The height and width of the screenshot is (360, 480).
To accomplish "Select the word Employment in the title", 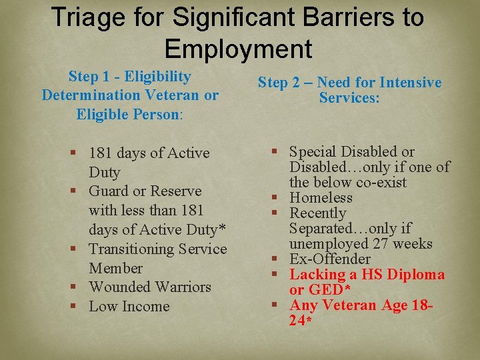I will coord(238,49).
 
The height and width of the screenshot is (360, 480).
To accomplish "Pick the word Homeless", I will coord(321,198).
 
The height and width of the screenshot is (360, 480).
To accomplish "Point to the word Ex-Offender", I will coord(330,259).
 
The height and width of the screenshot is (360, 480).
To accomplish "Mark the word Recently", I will coord(318,213).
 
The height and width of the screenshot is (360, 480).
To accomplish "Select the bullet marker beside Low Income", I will coord(79,307).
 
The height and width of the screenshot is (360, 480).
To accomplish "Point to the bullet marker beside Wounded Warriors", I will coord(79,287).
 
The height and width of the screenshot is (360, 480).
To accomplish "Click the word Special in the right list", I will coord(314,152).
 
